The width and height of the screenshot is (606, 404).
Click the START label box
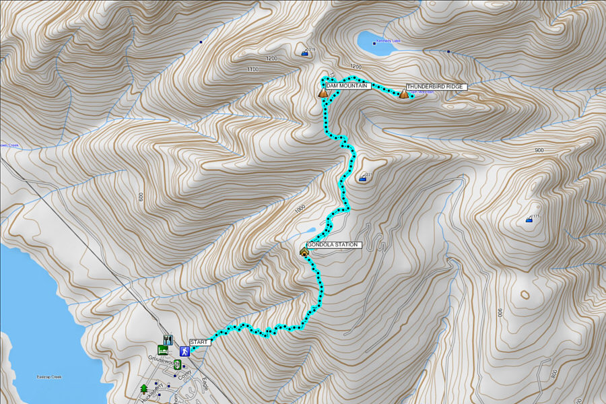200,342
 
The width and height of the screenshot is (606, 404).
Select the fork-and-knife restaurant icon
168,340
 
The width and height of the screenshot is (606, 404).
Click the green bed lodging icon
162,350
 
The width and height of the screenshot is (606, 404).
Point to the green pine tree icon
143,389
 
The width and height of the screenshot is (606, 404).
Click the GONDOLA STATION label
335,245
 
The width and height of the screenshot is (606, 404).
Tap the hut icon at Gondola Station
304,252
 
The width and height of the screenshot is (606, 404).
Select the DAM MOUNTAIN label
347,86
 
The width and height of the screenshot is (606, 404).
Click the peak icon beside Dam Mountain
323,93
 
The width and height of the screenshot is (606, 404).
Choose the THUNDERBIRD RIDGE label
436,88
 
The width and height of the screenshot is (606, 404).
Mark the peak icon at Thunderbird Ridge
403,94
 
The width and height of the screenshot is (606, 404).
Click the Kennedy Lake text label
389,41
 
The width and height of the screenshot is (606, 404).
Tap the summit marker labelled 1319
305,52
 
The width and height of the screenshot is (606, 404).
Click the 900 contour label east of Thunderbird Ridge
539,150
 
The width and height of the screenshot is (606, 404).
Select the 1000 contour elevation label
300,209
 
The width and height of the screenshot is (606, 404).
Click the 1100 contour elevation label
253,69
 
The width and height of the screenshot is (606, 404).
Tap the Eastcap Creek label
49,377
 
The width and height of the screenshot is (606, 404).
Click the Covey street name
186,374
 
